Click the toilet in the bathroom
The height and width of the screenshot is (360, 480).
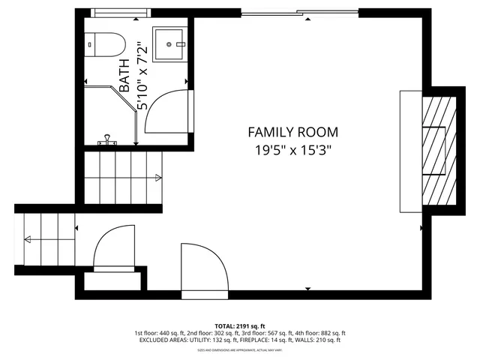[x=102, y=46]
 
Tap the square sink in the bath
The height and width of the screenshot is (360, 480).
[x=169, y=45]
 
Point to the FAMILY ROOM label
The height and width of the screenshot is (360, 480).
[x=292, y=132]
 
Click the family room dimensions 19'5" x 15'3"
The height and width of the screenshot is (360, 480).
[x=292, y=149]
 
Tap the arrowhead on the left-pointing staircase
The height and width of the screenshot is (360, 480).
[x=27, y=240]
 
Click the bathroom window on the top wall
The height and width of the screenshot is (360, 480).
[x=119, y=13]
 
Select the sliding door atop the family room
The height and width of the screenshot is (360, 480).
[x=300, y=12]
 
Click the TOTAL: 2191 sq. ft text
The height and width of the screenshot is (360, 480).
[x=240, y=325]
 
